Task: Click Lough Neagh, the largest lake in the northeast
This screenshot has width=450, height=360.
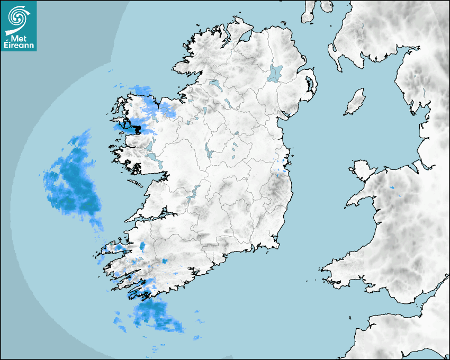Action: click(276, 73)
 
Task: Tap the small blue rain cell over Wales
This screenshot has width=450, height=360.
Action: click(392, 188)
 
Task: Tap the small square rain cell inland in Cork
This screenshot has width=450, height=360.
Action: click(164, 262)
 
